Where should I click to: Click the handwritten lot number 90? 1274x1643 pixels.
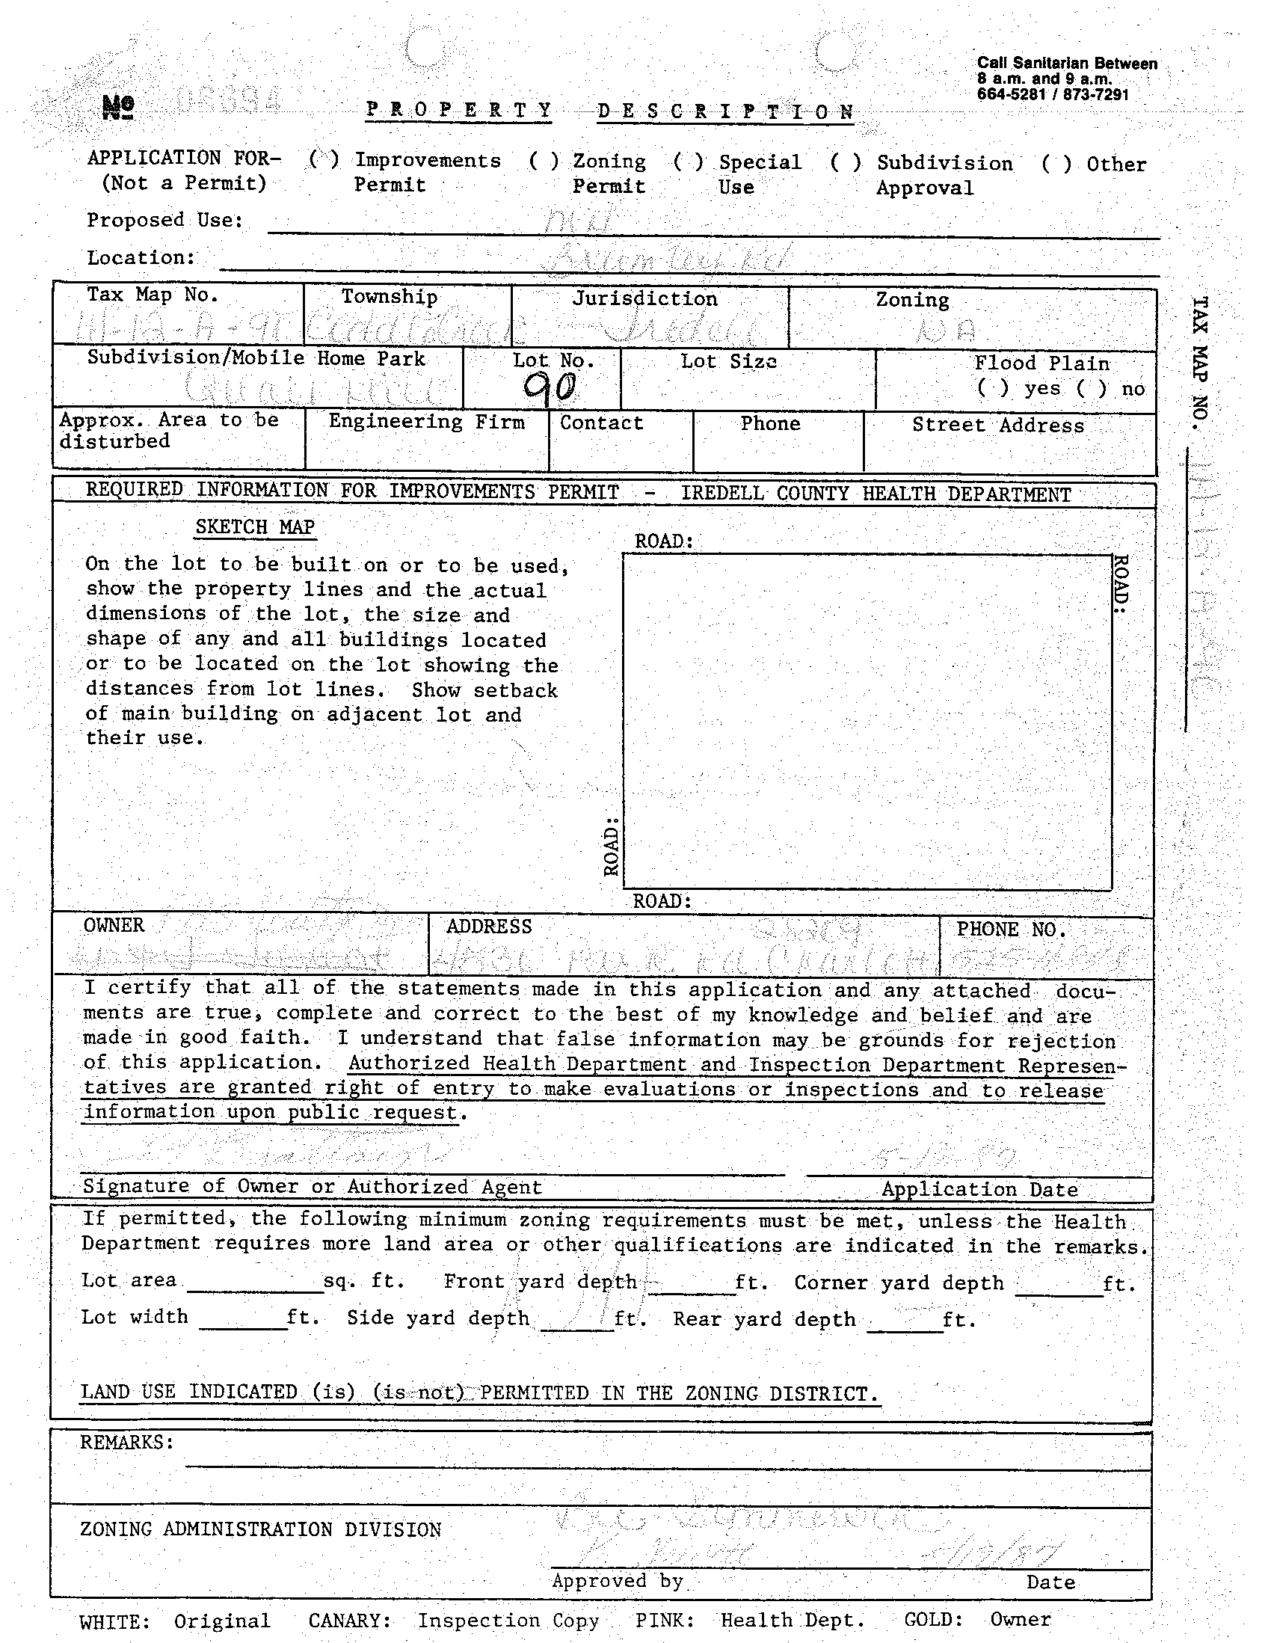550,387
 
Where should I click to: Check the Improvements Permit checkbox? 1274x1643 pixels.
324,159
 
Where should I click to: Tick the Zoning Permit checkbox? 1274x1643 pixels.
544,161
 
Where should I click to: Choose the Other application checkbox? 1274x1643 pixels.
1056,164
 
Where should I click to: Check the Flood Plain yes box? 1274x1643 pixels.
993,388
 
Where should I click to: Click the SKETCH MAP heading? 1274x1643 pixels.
254,526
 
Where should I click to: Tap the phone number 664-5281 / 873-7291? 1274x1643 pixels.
1052,95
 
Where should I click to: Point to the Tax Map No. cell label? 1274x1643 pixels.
152,294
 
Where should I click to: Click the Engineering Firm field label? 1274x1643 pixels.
426,421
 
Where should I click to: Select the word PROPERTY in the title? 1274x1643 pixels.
459,110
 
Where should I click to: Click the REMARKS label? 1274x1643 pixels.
127,1441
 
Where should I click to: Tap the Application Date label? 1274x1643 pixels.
979,1188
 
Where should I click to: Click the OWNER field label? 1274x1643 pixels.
114,924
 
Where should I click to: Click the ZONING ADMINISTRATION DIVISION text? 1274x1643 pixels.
260,1529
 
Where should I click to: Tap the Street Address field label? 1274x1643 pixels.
998,425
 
